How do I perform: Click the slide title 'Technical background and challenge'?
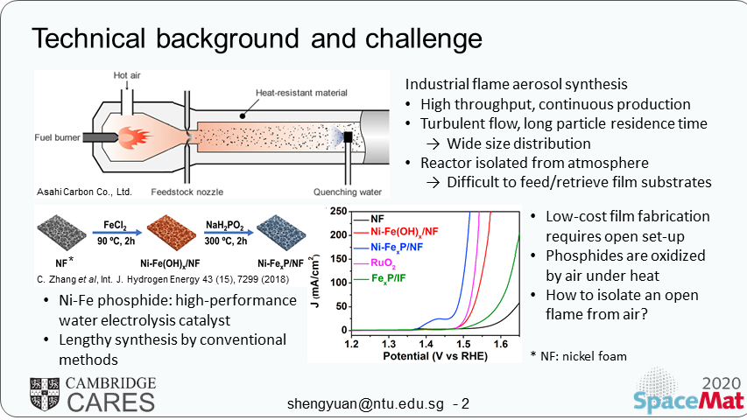point(256,38)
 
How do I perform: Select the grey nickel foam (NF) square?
point(58,236)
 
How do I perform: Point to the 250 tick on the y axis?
point(338,212)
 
